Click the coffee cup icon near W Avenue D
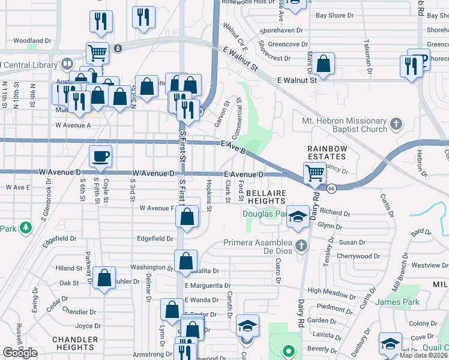[x=101, y=157]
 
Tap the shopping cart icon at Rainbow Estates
[x=315, y=173]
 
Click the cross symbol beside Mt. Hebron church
[x=396, y=124]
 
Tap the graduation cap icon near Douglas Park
[x=297, y=217]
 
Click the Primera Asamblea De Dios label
[x=261, y=248]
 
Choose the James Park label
[x=396, y=302]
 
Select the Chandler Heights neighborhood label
[x=74, y=343]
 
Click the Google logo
[x=20, y=353]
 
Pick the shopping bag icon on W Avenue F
[x=187, y=217]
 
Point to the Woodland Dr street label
[x=32, y=41]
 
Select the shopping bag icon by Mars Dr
[x=323, y=64]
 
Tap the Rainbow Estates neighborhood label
[x=327, y=152]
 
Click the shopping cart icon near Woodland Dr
[x=97, y=52]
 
